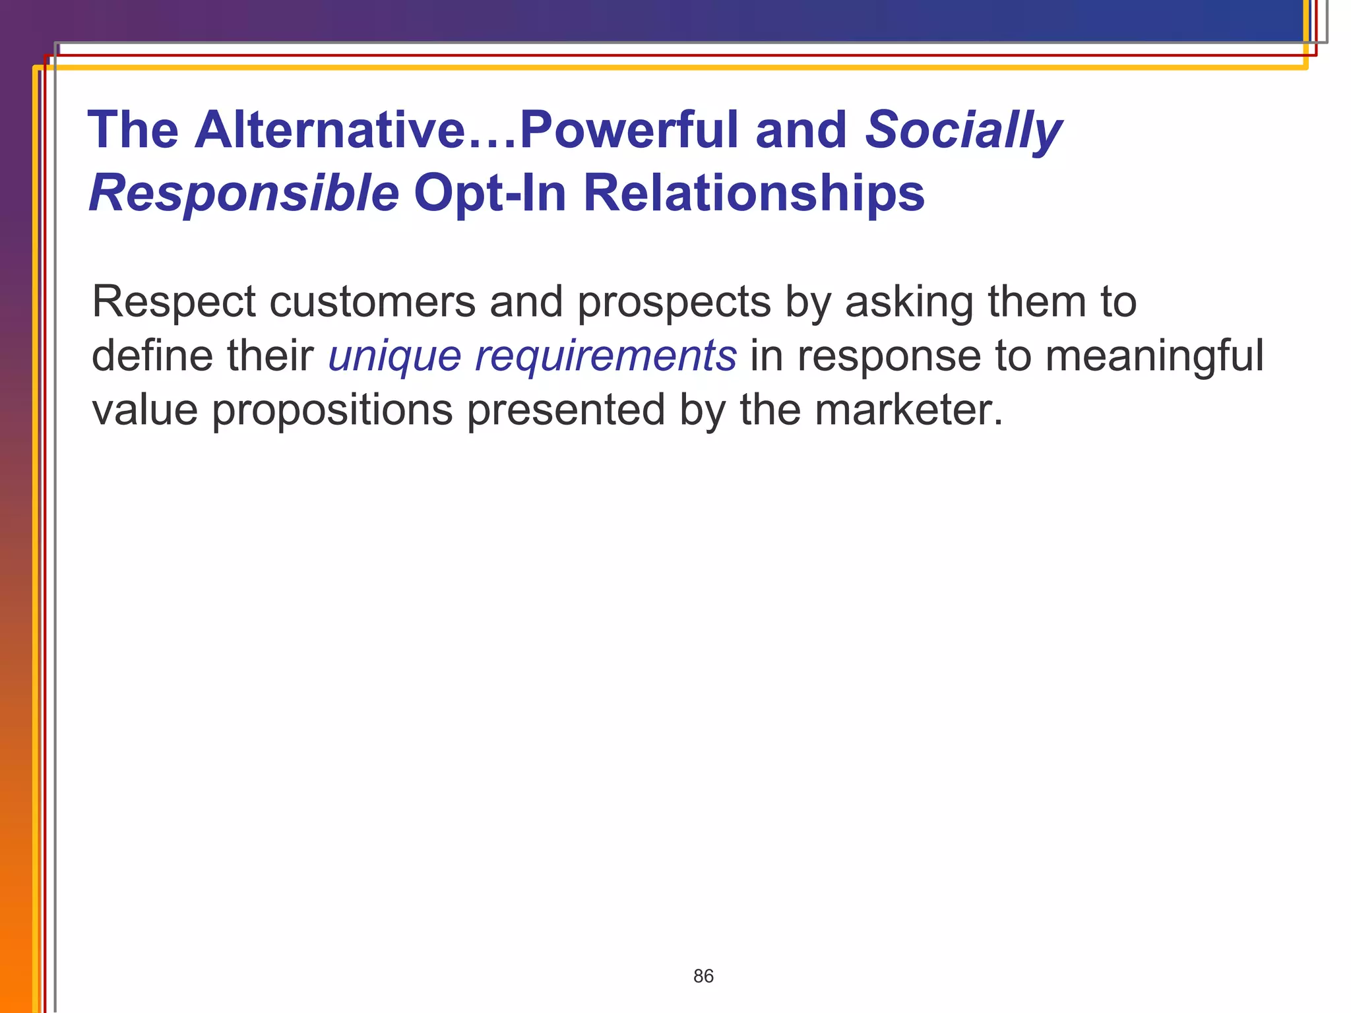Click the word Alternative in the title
pyautogui.click(x=330, y=129)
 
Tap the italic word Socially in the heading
pyautogui.click(x=963, y=131)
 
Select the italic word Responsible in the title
pyautogui.click(x=243, y=193)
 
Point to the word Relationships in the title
pyautogui.click(x=753, y=193)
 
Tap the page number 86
pyautogui.click(x=703, y=976)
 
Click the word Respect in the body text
pyautogui.click(x=173, y=303)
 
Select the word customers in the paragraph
pyautogui.click(x=372, y=303)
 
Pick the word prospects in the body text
pyautogui.click(x=674, y=303)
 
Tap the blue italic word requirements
pyautogui.click(x=605, y=357)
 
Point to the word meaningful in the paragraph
pyautogui.click(x=1154, y=357)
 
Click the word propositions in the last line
pyautogui.click(x=332, y=411)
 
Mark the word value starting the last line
pyautogui.click(x=144, y=410)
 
